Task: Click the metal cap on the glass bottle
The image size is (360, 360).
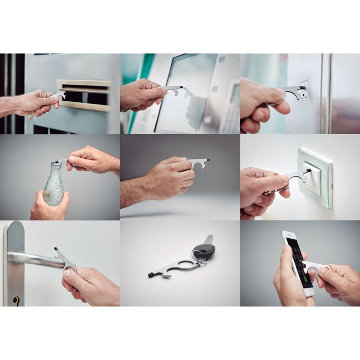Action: (x=56, y=164)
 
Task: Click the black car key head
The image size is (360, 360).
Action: (x=204, y=249)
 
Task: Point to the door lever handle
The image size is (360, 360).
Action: (x=36, y=260)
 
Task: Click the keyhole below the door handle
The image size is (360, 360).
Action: (x=16, y=299)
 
